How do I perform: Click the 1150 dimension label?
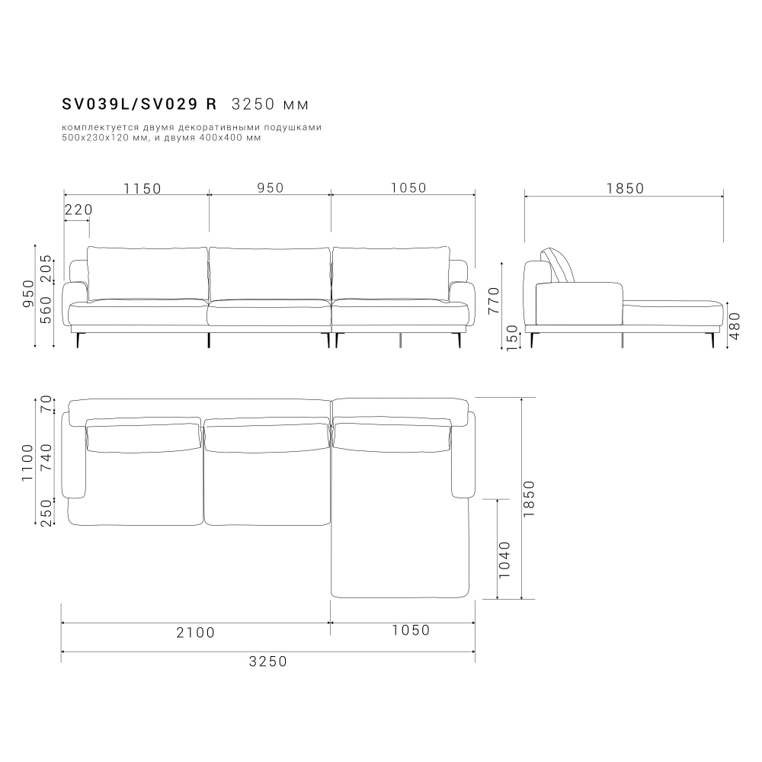coord(142,188)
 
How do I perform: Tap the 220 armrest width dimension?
coord(78,210)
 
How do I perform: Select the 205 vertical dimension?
coord(46,268)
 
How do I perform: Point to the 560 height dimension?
coord(46,311)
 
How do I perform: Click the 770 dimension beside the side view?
coord(494,300)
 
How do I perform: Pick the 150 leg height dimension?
coord(513,338)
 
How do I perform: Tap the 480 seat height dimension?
coord(735,325)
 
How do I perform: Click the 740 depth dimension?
coord(46,456)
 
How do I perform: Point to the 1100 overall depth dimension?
coord(27,463)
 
